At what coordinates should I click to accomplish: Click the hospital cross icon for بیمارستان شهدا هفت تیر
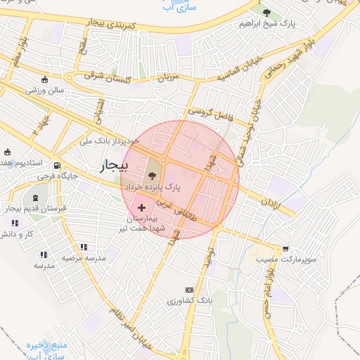pos(143,207)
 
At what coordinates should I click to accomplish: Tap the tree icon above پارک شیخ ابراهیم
pos(266,12)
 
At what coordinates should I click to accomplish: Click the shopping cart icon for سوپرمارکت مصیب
pos(285,248)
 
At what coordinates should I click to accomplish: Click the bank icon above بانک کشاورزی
pos(188,290)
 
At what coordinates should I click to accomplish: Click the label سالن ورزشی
pos(46,90)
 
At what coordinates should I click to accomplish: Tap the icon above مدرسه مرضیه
pos(84,247)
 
